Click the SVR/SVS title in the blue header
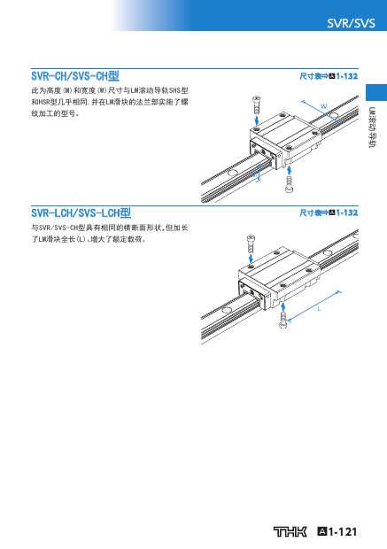point(351,23)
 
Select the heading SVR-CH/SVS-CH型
point(75,76)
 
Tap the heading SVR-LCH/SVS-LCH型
point(81,213)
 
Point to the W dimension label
point(324,105)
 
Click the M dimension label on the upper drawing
point(254,174)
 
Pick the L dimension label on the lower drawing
point(319,309)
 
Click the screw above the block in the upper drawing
point(256,104)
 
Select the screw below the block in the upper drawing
point(290,184)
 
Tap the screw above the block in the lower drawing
point(251,244)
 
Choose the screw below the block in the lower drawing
point(283,320)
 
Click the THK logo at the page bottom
point(290,531)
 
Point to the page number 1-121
point(343,531)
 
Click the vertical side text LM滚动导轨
point(372,128)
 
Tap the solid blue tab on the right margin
point(376,92)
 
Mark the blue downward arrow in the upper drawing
point(257,120)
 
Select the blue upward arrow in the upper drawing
point(289,170)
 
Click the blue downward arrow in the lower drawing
point(251,259)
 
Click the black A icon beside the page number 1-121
point(321,531)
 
